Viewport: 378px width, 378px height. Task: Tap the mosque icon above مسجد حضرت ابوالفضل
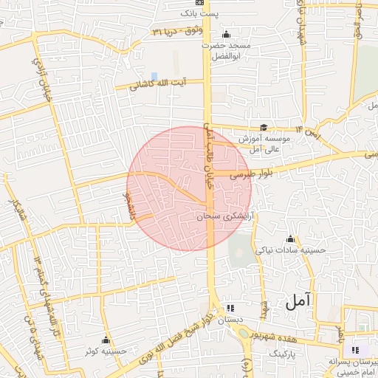pos(226,35)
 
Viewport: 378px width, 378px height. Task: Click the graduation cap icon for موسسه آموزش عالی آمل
pos(264,128)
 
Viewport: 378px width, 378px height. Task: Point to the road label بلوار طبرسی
pos(250,173)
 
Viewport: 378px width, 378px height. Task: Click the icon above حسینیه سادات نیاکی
pos(290,239)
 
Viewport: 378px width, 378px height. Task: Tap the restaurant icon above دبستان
pos(230,307)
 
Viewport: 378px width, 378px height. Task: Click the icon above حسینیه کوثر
pos(106,340)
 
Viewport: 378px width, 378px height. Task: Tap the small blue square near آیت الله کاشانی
pos(154,76)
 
